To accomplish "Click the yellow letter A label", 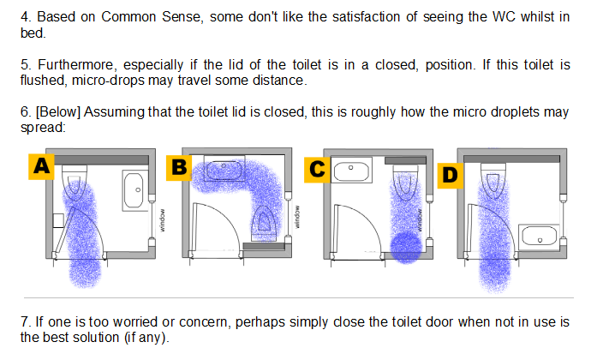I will (39, 167).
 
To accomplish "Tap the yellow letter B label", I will (177, 167).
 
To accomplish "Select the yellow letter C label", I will (316, 169).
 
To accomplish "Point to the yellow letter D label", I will (451, 175).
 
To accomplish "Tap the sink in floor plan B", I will (223, 169).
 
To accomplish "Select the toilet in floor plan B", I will (264, 222).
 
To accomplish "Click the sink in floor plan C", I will (350, 171).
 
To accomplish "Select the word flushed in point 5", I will (41, 81).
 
